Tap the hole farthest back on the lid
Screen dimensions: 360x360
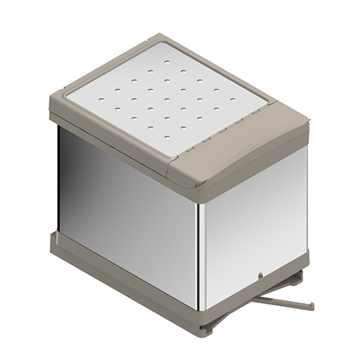150,71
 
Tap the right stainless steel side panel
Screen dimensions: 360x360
252,216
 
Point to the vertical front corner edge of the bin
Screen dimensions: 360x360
199,252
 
